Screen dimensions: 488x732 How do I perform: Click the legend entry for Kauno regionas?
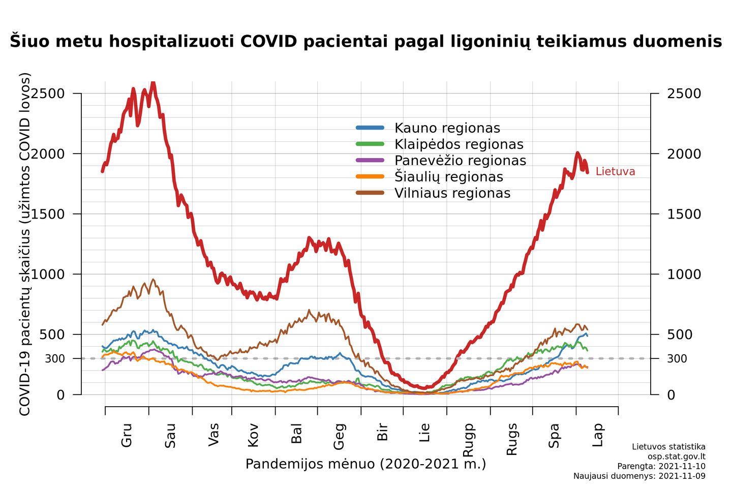447,128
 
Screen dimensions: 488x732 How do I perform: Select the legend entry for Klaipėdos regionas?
459,144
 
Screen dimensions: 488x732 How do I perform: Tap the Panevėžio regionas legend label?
460,161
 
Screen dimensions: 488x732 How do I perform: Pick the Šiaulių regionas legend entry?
448,177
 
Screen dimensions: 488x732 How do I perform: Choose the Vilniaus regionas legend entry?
452,193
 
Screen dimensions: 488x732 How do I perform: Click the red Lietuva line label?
615,172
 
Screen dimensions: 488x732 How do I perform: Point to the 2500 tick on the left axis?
48,94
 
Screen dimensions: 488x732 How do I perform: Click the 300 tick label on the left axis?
55,359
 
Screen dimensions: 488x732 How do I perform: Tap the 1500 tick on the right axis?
684,214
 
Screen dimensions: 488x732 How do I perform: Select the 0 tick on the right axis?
671,395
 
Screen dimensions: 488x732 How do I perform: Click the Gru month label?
127,435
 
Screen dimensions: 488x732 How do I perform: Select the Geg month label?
339,436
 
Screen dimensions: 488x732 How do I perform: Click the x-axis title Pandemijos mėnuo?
365,464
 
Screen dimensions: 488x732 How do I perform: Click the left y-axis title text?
25,244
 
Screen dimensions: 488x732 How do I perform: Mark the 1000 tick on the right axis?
684,274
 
